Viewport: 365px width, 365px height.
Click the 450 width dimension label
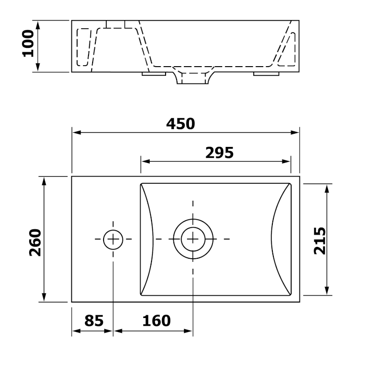point(180,124)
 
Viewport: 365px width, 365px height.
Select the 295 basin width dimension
point(219,153)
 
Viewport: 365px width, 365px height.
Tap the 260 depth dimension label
point(35,243)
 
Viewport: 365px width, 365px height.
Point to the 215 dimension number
point(320,241)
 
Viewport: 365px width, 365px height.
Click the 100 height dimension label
point(28,43)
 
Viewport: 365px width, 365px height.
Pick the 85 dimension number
point(94,321)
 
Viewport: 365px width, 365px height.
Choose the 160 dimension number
point(156,321)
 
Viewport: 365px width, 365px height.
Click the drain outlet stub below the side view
point(193,78)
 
